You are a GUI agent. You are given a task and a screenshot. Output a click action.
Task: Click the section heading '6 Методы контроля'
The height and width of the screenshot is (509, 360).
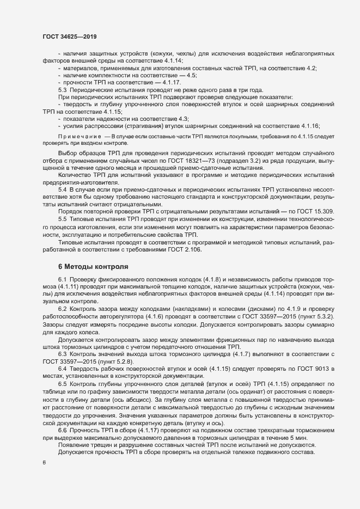pos(93,267)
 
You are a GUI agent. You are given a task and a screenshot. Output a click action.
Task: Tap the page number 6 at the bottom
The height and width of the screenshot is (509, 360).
pos(44,463)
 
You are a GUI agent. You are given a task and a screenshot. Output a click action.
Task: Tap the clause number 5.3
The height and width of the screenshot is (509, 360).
pos(62,90)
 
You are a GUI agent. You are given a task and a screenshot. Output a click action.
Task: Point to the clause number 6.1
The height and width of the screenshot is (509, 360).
pos(62,279)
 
